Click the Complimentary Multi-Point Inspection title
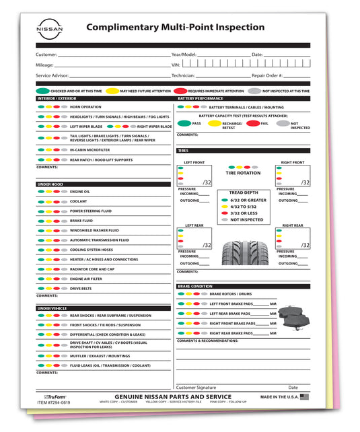coord(176,27)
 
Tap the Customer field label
coord(46,54)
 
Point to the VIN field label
coord(177,65)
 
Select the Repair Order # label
coord(268,76)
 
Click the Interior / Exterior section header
coord(57,98)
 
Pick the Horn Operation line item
coord(85,107)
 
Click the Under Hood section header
coord(51,183)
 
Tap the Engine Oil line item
coord(79,192)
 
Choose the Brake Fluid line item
coord(81,221)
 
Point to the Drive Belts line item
coord(81,288)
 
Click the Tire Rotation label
coord(243,173)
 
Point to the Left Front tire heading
coord(194,162)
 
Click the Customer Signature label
coord(196,388)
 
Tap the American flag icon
coord(304,397)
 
